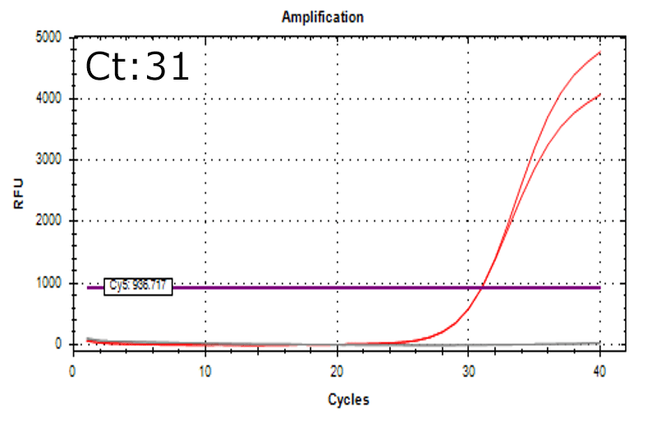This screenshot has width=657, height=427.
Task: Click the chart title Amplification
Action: coord(322,16)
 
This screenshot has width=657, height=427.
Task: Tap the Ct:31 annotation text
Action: coord(137,67)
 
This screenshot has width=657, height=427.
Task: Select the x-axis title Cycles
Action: coord(348,400)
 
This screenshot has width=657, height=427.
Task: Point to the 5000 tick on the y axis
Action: coord(50,37)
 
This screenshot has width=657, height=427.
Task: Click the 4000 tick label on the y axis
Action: coord(50,99)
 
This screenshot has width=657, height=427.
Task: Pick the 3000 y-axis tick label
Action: coord(50,160)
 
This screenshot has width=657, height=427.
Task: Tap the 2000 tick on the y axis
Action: coord(50,222)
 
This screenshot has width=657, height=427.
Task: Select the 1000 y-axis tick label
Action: coord(50,283)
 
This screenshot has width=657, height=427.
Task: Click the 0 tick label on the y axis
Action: coord(60,345)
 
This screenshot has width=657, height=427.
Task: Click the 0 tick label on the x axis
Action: coord(73,371)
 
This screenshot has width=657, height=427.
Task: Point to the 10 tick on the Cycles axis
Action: coord(204,371)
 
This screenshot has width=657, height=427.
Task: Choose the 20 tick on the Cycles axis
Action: coord(337,371)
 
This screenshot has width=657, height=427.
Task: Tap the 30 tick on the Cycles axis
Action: coord(468,371)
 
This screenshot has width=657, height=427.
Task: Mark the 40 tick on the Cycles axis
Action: coord(600,371)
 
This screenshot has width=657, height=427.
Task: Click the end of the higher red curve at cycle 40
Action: coord(600,53)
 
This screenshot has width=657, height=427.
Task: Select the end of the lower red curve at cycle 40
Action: coord(600,94)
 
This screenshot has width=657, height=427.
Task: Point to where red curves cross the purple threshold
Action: coord(482,287)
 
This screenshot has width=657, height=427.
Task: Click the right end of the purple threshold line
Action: coord(600,287)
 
